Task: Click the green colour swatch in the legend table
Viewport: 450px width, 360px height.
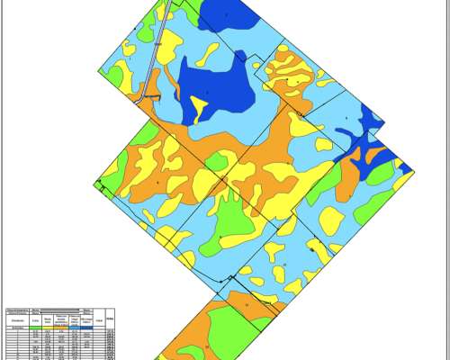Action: (35, 328)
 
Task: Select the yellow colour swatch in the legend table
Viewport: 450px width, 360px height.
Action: (48, 328)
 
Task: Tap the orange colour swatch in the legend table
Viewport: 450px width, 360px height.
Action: (60, 328)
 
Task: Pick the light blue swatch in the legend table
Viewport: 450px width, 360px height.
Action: (74, 328)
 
